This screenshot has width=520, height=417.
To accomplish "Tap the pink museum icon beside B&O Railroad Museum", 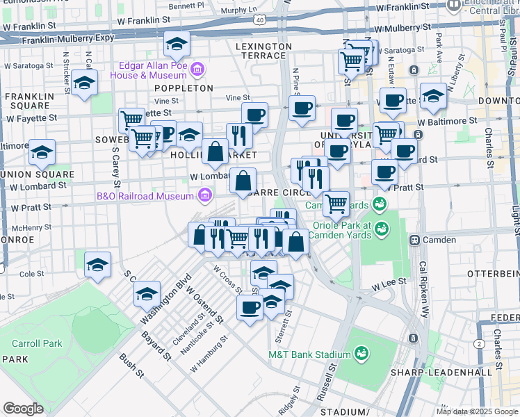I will click(x=205, y=196).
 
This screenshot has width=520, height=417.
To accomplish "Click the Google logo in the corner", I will click(x=23, y=409).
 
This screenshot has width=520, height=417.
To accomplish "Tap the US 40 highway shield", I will click(x=259, y=20).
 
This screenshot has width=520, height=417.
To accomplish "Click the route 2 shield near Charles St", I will click(x=479, y=344).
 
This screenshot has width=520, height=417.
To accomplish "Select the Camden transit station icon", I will click(x=414, y=240).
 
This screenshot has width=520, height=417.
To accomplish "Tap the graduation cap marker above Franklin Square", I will click(x=84, y=83).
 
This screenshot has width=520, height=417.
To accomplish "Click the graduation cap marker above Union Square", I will click(x=42, y=152).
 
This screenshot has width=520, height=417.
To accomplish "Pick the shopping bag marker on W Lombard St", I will click(x=243, y=181).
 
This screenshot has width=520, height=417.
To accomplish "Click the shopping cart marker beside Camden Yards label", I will click(x=336, y=204).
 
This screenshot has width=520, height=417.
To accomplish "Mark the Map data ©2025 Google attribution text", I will click(x=476, y=411).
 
